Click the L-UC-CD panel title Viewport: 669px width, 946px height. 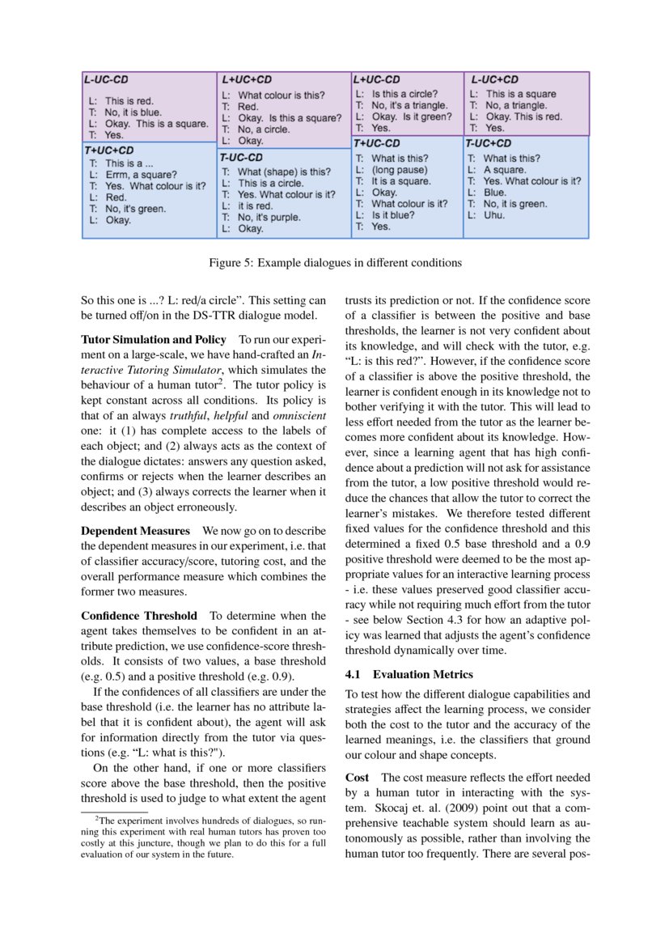tap(106, 80)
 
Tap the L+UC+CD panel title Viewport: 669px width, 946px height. tap(246, 80)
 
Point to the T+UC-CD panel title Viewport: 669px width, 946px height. tap(376, 143)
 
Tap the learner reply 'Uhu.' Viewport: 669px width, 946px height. tap(493, 215)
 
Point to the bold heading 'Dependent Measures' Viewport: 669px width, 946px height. tap(135, 532)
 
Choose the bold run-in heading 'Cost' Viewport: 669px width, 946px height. tap(357, 778)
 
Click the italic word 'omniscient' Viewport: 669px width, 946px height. tap(299, 415)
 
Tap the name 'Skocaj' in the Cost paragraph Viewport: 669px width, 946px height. tap(392, 808)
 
